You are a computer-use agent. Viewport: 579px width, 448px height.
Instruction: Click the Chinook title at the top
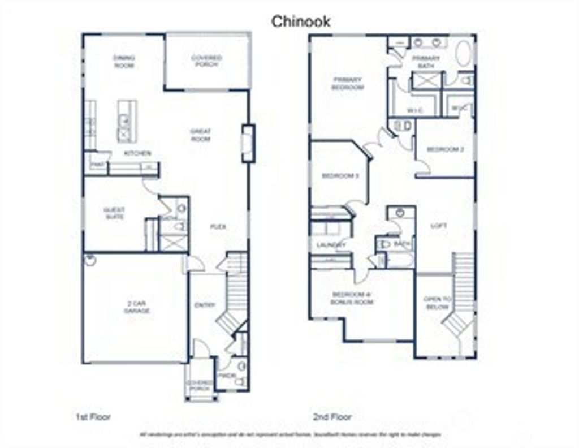coord(301,21)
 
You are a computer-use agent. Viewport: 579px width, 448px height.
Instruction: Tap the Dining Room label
coord(124,62)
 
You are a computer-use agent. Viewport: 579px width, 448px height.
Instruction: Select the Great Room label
coord(201,135)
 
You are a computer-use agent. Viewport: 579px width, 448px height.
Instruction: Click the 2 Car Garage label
coord(137,307)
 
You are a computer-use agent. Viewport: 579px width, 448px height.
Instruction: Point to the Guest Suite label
coord(114,213)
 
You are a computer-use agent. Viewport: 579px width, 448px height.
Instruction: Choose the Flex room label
coord(218,227)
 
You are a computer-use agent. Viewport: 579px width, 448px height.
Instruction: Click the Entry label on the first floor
coord(205,305)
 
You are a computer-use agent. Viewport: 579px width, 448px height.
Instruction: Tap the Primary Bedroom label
coord(348,84)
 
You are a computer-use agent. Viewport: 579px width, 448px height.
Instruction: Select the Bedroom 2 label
coord(445,149)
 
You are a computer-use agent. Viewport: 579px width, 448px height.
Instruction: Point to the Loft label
coord(438,226)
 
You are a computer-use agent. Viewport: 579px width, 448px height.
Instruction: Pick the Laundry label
coord(331,245)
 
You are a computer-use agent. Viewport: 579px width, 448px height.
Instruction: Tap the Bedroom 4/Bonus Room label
coord(352,299)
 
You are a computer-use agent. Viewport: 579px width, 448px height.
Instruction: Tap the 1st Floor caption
coord(93,417)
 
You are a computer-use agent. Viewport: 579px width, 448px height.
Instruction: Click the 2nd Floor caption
coord(332,417)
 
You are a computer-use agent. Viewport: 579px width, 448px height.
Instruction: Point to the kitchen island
coord(127,120)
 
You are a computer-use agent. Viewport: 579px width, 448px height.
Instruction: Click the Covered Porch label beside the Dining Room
coord(206,61)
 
